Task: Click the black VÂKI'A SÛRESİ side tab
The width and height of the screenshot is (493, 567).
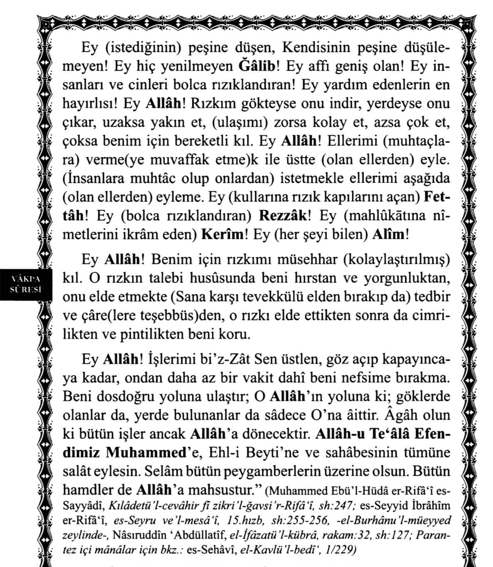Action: pos(26,283)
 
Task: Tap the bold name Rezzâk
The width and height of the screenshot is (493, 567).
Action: pos(283,216)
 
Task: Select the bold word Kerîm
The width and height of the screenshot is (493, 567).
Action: pos(222,234)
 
